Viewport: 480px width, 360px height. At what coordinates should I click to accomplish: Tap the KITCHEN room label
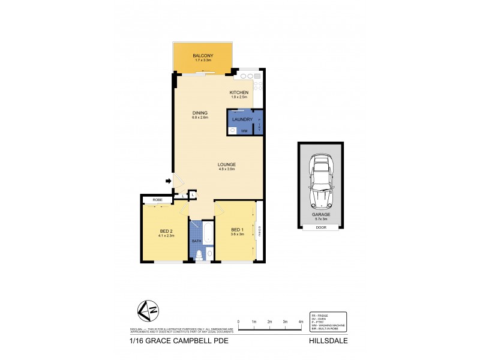click(x=239, y=92)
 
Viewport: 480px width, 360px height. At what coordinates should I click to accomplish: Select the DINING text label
click(x=200, y=113)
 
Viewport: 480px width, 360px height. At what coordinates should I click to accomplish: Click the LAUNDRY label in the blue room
click(x=241, y=119)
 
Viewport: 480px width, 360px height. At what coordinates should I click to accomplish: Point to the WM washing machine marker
click(x=244, y=130)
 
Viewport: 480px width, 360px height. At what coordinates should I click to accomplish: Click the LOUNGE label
click(x=226, y=164)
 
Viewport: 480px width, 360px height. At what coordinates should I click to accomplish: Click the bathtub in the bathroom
click(x=208, y=233)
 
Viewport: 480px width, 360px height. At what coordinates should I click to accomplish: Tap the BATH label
click(x=196, y=241)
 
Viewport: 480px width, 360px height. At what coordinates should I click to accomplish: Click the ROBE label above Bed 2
click(x=157, y=199)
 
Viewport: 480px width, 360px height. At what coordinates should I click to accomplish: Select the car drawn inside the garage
click(x=321, y=177)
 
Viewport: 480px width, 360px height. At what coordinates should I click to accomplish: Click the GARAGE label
click(x=321, y=214)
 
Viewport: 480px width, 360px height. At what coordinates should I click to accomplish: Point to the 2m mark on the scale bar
click(x=270, y=322)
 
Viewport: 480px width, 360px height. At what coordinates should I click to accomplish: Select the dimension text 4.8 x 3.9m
click(x=226, y=169)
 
